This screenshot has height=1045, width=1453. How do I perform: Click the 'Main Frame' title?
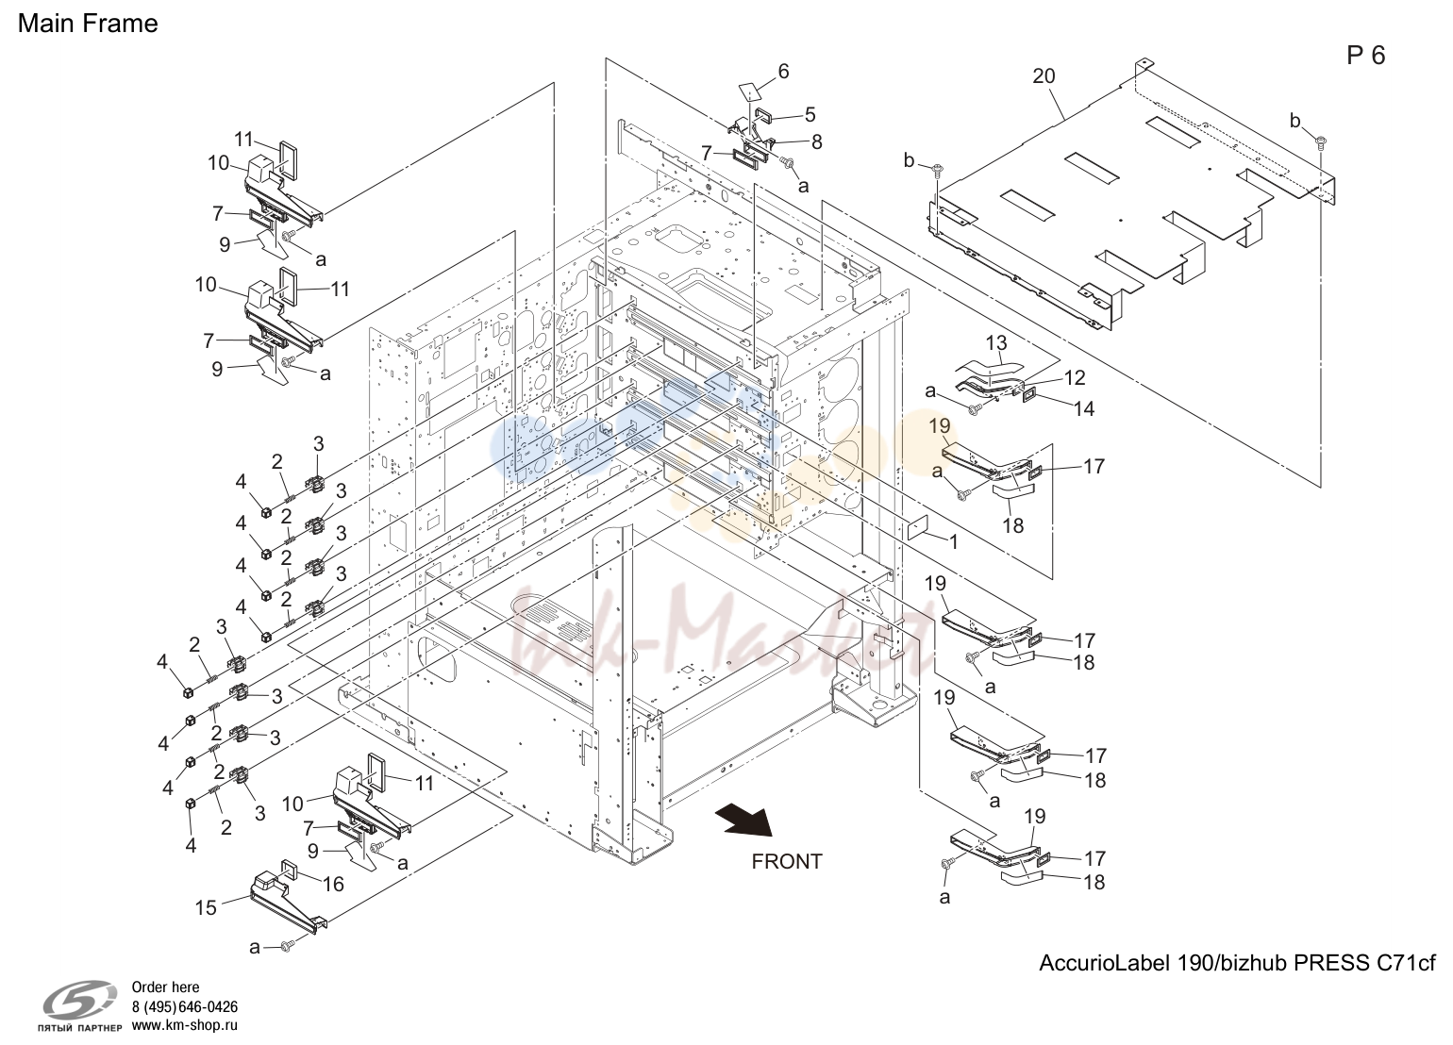click(88, 24)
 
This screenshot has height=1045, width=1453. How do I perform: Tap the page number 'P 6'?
click(1365, 56)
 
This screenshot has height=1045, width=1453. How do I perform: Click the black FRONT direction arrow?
click(744, 820)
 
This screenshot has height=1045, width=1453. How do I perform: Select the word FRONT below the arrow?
click(787, 861)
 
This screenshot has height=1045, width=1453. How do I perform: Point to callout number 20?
click(1044, 76)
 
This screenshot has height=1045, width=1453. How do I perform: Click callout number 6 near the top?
click(783, 72)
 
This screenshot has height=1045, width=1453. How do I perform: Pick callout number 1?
click(953, 542)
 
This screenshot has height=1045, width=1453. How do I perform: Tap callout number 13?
click(996, 342)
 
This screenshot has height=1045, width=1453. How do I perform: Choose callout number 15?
click(206, 908)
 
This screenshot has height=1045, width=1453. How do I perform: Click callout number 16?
click(333, 885)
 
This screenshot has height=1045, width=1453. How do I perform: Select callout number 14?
click(1084, 409)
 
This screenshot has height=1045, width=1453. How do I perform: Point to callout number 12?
click(1075, 377)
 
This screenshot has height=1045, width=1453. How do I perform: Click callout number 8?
click(817, 141)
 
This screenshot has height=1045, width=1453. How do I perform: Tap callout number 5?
click(810, 115)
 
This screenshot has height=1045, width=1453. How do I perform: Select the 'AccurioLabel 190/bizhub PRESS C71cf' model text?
click(1238, 963)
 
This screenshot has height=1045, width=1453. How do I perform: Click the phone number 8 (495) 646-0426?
click(185, 1006)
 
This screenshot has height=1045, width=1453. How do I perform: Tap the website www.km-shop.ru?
click(185, 1025)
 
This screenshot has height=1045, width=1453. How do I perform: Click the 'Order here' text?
click(165, 987)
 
